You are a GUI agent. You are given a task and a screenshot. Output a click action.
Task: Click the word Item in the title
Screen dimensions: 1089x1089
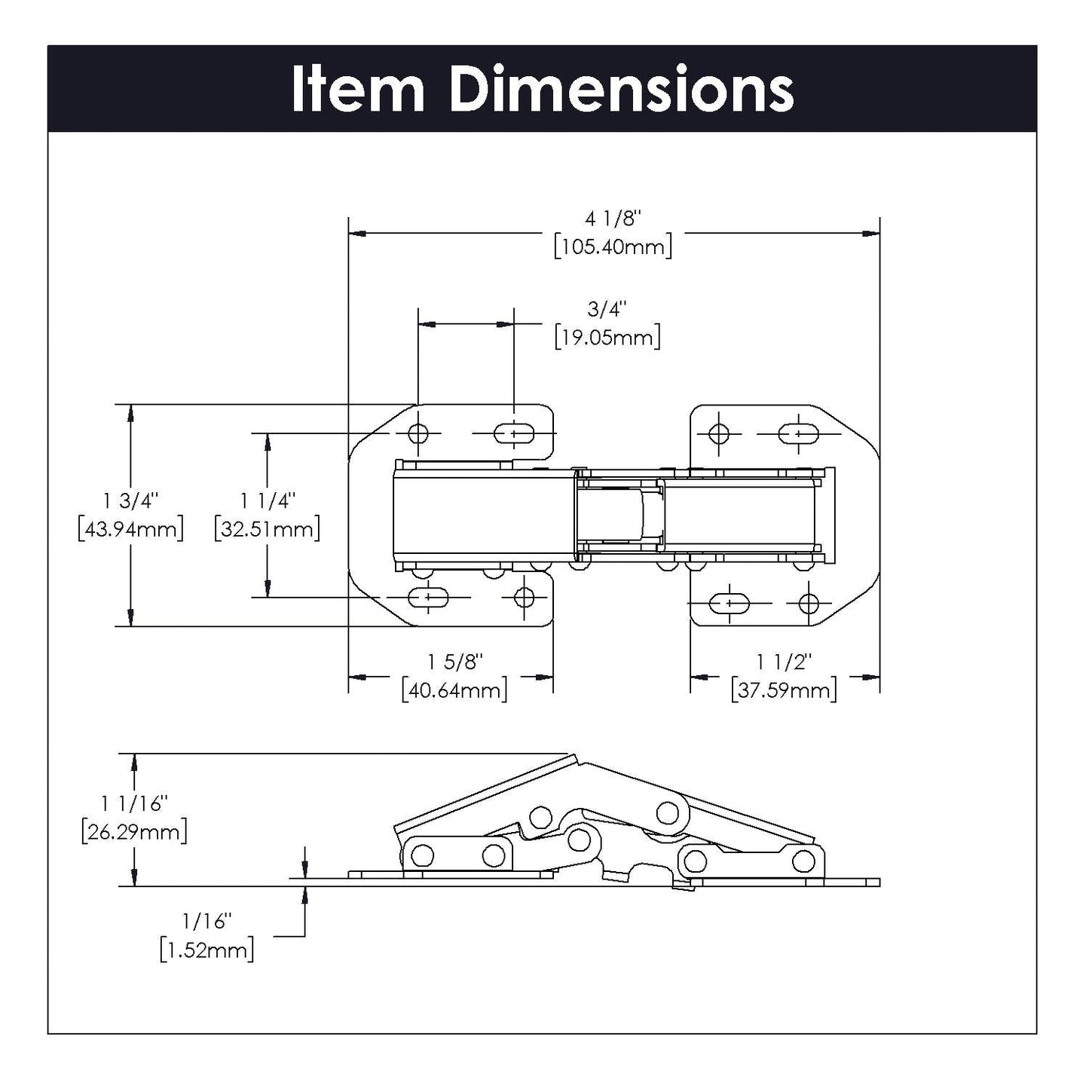pyautogui.click(x=358, y=90)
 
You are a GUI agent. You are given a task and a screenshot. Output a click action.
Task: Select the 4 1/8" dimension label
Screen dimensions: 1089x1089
pyautogui.click(x=613, y=219)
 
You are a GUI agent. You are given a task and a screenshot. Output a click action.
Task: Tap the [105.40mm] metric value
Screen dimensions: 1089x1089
pyautogui.click(x=613, y=246)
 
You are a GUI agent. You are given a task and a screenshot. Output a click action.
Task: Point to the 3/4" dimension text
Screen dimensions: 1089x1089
pyautogui.click(x=607, y=309)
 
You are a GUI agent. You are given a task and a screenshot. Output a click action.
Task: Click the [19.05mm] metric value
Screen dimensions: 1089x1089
pyautogui.click(x=607, y=337)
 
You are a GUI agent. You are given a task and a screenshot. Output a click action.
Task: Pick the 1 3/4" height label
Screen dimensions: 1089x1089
pyautogui.click(x=130, y=500)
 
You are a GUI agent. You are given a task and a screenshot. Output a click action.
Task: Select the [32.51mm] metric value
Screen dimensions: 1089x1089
pyautogui.click(x=267, y=528)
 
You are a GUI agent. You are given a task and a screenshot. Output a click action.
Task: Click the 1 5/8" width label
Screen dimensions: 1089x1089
pyautogui.click(x=454, y=662)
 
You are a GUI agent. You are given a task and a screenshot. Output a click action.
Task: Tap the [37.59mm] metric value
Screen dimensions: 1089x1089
pyautogui.click(x=784, y=690)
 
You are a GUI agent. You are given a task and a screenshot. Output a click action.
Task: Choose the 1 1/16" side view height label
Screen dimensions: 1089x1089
pyautogui.click(x=134, y=803)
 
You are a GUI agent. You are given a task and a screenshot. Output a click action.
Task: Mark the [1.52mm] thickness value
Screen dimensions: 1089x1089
pyautogui.click(x=206, y=950)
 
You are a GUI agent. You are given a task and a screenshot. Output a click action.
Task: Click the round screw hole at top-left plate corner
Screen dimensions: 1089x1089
pyautogui.click(x=418, y=433)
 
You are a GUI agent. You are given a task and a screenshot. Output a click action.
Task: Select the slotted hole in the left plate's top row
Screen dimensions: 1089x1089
pyautogui.click(x=515, y=433)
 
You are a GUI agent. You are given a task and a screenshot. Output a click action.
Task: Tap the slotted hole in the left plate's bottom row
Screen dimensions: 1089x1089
pyautogui.click(x=428, y=598)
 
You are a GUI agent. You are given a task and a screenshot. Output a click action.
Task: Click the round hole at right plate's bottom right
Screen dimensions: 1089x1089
pyautogui.click(x=809, y=603)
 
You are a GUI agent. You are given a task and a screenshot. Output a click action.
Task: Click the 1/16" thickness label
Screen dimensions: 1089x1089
pyautogui.click(x=206, y=921)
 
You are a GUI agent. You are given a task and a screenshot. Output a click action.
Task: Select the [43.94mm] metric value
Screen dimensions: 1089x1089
pyautogui.click(x=130, y=528)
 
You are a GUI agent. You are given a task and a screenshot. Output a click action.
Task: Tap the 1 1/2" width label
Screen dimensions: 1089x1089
pyautogui.click(x=784, y=662)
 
